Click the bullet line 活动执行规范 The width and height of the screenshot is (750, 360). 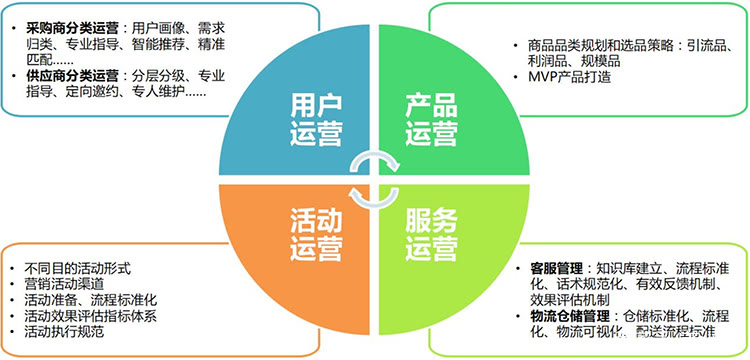pyautogui.click(x=62, y=331)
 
